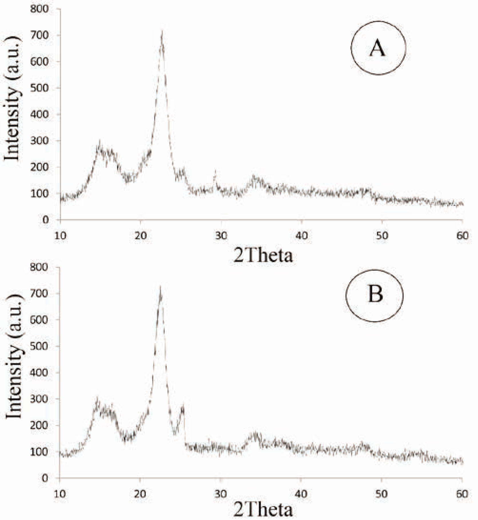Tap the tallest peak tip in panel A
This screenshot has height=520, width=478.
(162, 31)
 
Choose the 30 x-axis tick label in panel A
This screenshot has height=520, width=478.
(221, 236)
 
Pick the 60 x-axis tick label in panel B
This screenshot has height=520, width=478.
(462, 494)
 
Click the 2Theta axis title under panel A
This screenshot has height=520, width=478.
(263, 255)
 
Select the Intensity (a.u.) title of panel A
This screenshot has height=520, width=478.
(12, 99)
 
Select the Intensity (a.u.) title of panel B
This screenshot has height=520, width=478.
(13, 356)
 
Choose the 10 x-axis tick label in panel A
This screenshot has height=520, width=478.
(60, 236)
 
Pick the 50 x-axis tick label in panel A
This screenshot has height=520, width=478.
(382, 236)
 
